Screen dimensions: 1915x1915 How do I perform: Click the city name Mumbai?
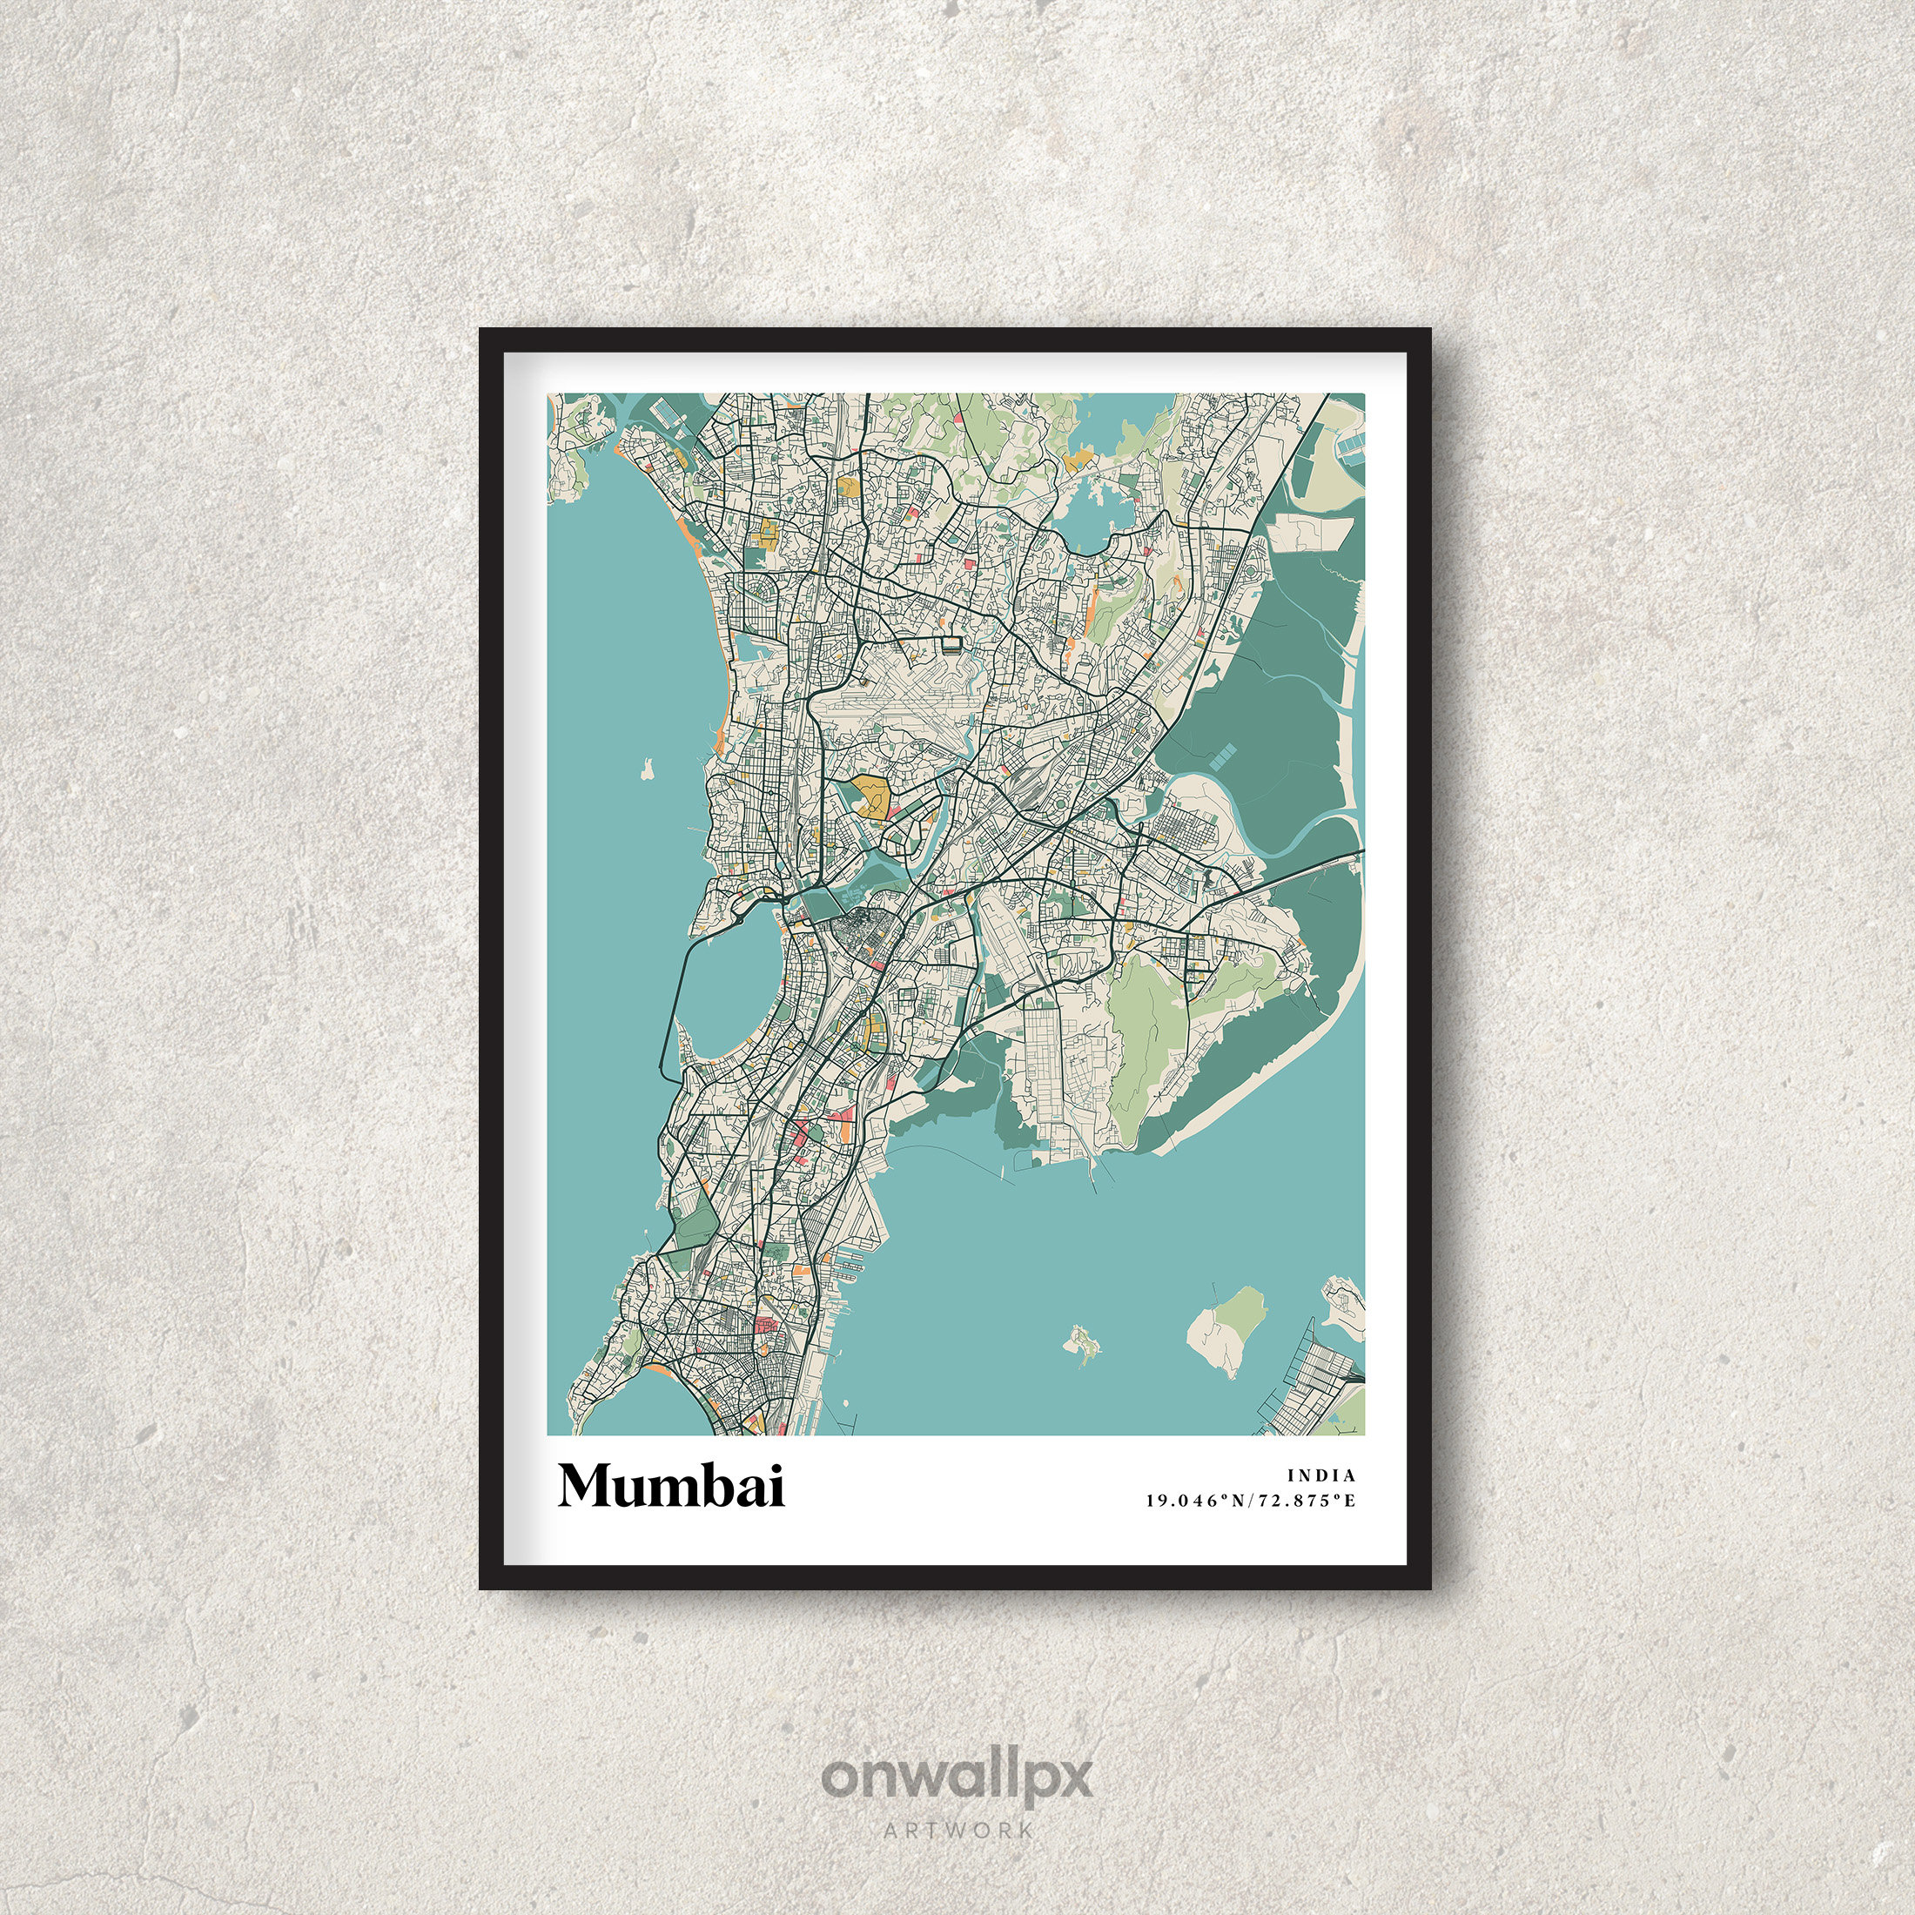coord(671,1485)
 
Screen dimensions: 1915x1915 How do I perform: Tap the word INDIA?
coord(1321,1476)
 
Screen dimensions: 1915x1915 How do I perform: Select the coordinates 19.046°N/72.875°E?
coord(1250,1501)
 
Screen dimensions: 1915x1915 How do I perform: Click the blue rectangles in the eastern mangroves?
coord(1223,759)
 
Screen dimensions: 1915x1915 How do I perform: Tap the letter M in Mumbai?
coord(586,1485)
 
